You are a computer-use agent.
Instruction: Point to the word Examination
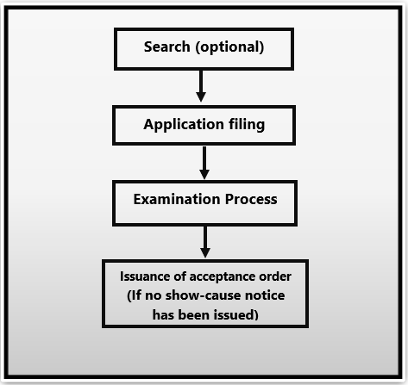click(175, 199)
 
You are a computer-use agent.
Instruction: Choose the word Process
click(248, 199)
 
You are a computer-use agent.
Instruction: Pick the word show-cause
click(204, 296)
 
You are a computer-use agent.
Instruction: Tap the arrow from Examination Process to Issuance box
click(205, 241)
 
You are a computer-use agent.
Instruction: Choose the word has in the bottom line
click(165, 314)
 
